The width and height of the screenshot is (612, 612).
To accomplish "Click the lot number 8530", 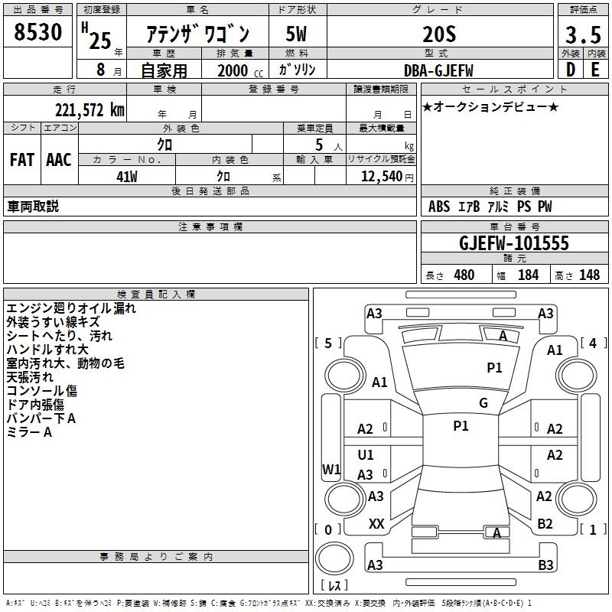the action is [37, 32].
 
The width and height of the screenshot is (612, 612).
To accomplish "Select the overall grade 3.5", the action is [583, 34].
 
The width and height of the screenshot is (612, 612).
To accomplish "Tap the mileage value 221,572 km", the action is [90, 110].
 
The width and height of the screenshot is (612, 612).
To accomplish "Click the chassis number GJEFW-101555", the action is [514, 243].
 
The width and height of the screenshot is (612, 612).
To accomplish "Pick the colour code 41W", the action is [127, 177].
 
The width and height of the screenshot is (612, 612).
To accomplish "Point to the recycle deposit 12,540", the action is [382, 177].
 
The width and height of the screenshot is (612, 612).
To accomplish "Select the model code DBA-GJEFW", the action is [438, 70].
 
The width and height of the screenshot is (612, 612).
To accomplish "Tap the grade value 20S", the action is [439, 34].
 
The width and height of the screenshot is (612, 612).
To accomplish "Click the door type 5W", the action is [296, 34].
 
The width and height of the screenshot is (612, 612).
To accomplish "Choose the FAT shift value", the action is [22, 160].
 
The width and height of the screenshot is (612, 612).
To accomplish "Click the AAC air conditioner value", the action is [59, 160].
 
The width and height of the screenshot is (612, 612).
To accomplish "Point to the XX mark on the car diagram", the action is [376, 524].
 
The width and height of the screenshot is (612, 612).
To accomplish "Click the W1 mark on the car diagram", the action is [331, 469].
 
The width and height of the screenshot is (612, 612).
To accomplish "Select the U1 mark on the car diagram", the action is [366, 454].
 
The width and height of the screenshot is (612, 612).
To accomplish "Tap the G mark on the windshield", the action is [483, 403].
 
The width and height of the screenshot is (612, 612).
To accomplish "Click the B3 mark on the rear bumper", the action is [545, 565].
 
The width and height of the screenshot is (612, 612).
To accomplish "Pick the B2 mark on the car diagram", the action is [545, 524].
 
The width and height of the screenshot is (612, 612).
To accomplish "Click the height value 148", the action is [589, 275].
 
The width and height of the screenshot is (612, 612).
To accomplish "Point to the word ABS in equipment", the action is [439, 207].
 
